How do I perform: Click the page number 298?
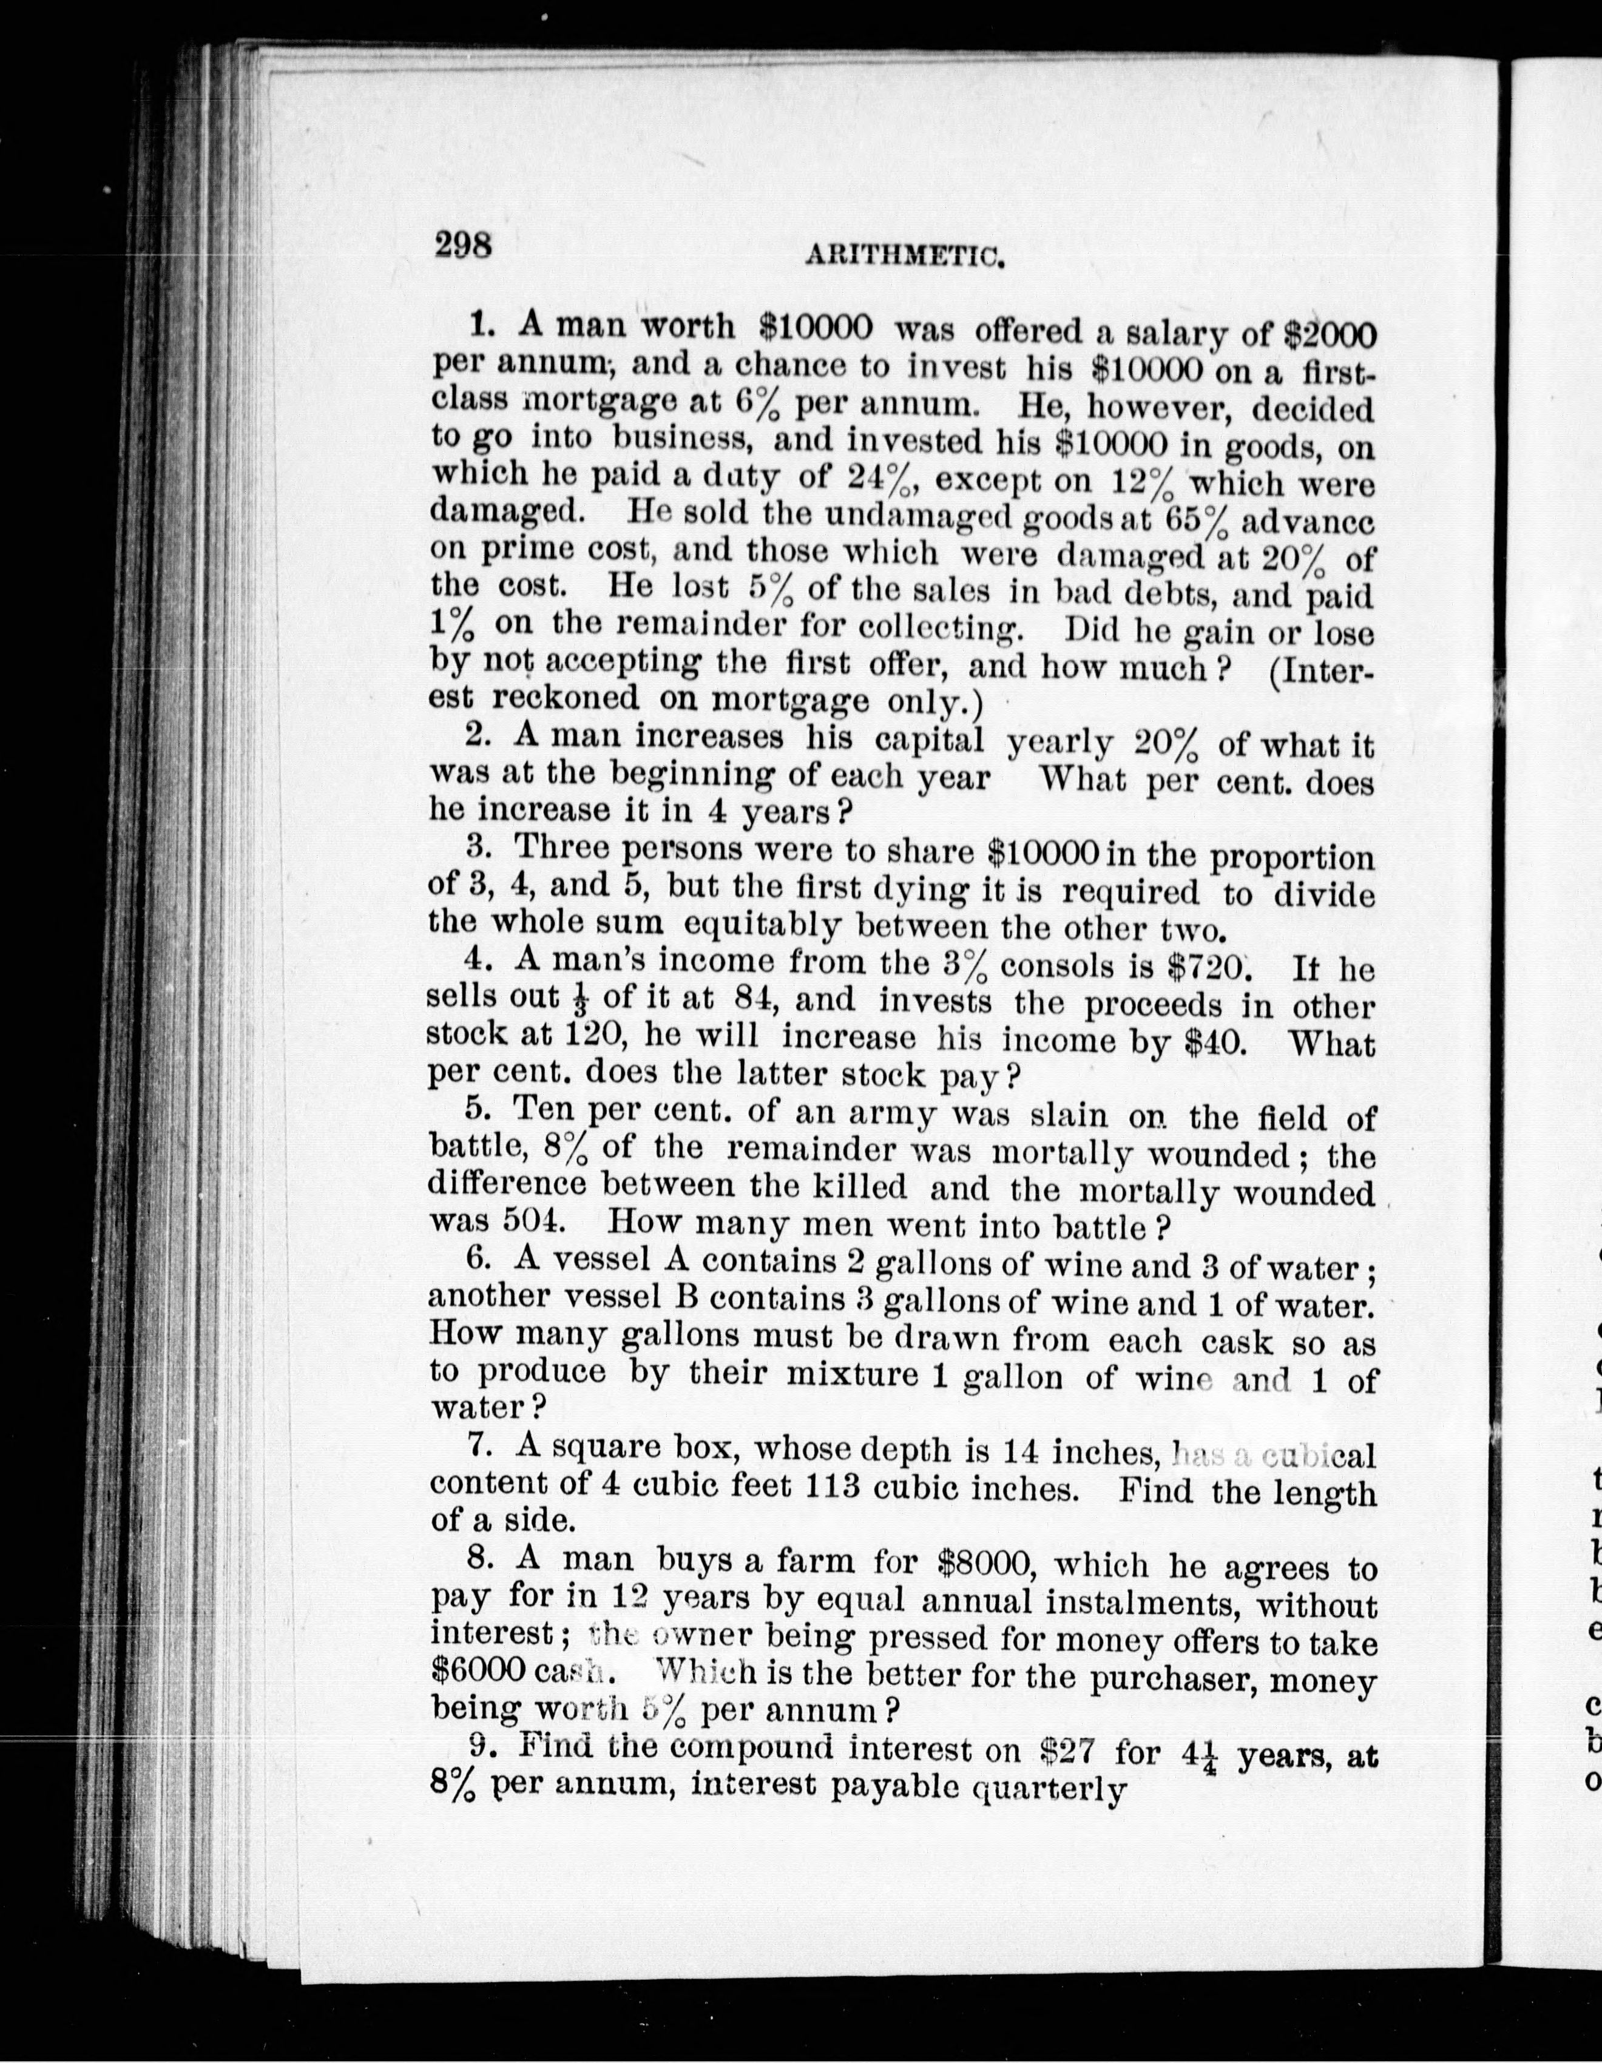463,246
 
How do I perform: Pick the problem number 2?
476,735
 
